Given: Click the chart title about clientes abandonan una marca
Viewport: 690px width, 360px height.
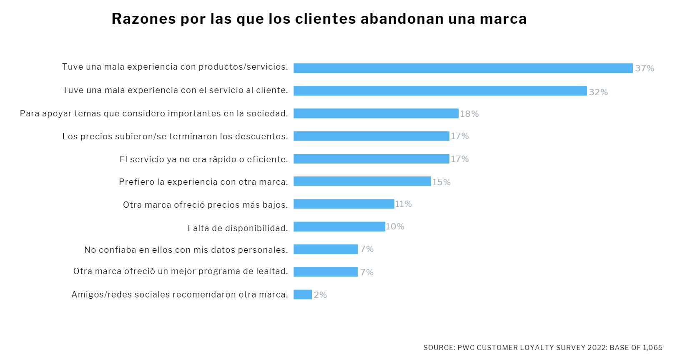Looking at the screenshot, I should (319, 19).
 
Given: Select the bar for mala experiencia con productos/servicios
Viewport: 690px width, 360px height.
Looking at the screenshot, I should (463, 68).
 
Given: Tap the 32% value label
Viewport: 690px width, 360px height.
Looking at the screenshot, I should (598, 92).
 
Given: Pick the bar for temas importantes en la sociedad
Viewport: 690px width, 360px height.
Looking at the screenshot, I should (376, 113).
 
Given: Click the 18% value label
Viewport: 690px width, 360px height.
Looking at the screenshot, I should (469, 114).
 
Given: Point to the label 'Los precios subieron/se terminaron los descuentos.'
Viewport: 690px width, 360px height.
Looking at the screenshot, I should (175, 136).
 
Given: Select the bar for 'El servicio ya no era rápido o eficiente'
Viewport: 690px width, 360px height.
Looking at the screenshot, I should (371, 159).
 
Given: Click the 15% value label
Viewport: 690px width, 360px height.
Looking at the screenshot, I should (441, 182).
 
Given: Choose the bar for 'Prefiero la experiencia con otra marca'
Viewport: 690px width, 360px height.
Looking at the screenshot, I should (362, 181).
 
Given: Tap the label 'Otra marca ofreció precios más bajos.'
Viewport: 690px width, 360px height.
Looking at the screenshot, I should (205, 205).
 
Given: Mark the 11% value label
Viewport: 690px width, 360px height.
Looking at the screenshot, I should (403, 204).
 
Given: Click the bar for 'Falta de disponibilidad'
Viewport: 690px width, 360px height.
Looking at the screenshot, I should (339, 227).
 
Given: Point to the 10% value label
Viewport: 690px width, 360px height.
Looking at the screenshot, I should (395, 227).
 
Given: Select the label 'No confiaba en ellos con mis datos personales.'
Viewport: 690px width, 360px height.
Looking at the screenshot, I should (186, 250).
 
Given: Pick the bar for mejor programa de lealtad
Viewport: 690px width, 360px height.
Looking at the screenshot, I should (325, 272).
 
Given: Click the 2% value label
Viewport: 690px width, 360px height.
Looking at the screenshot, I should (320, 295).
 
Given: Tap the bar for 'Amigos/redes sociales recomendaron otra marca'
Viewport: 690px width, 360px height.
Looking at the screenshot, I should (302, 295).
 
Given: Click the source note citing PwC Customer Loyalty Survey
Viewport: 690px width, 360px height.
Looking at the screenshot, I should (543, 347).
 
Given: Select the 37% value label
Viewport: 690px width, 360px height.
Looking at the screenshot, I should (644, 68).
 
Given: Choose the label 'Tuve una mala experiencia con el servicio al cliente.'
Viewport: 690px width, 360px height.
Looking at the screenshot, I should (175, 90).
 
